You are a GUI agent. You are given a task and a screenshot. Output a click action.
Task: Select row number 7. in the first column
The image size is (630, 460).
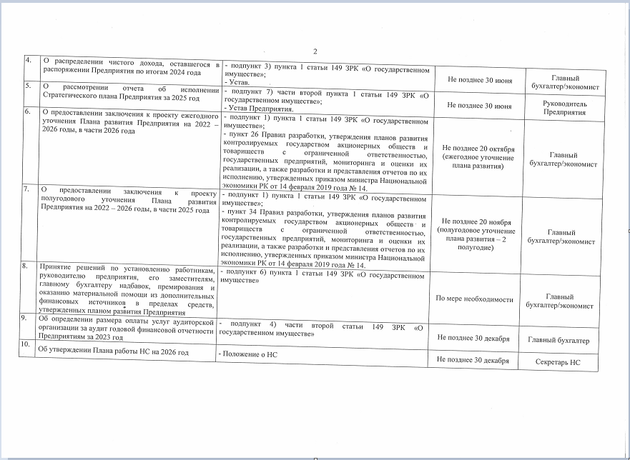pyautogui.click(x=28, y=189)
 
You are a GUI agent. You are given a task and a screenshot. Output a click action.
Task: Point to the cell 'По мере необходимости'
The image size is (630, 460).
pyautogui.click(x=475, y=299)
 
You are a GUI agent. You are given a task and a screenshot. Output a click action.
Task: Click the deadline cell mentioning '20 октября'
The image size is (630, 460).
pyautogui.click(x=473, y=156)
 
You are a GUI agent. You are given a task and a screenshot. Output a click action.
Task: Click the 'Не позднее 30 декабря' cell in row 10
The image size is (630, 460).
pyautogui.click(x=473, y=360)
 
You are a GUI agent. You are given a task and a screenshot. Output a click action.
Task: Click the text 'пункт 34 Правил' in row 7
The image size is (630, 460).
pyautogui.click(x=257, y=212)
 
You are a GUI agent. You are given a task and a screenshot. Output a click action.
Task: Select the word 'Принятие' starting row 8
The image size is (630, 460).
pyautogui.click(x=56, y=266)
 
